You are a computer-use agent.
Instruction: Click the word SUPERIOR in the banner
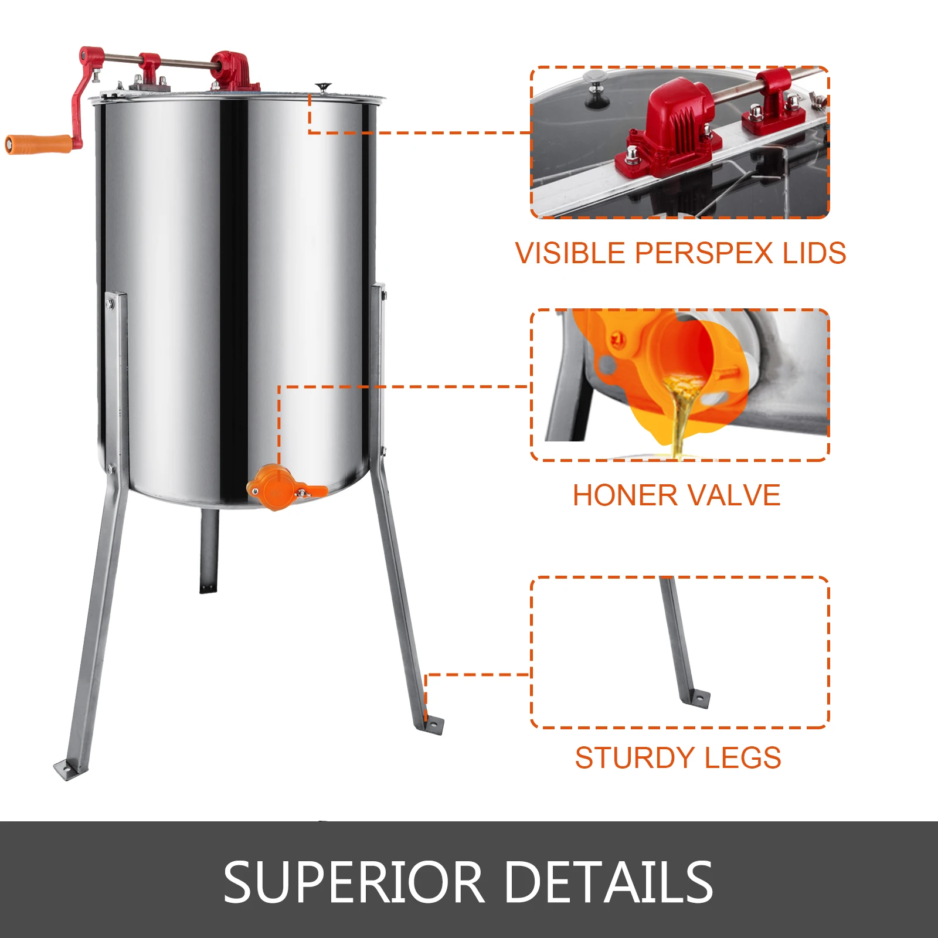point(354,881)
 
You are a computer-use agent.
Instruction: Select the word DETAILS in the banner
point(608,881)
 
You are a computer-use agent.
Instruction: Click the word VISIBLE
point(570,253)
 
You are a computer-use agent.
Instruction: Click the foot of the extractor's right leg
point(431,725)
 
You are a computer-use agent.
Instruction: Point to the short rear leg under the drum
point(209,551)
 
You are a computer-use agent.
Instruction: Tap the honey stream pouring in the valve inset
point(680,416)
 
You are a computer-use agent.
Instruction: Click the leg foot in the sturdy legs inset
point(698,699)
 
